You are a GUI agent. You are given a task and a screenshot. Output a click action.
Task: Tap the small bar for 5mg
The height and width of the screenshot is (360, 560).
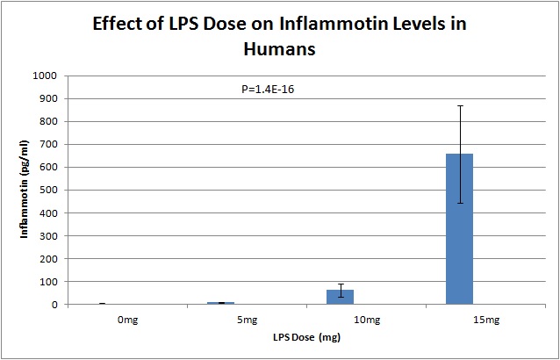pos(222,303)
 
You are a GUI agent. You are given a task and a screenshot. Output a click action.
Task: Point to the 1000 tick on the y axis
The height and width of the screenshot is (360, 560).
pos(47,76)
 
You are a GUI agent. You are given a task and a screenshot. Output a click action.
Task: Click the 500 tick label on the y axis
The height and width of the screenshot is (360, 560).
pos(49,191)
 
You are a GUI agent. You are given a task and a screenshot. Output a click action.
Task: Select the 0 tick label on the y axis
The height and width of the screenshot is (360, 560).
pos(54,305)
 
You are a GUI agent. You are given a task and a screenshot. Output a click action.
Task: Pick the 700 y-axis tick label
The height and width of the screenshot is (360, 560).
pos(49,144)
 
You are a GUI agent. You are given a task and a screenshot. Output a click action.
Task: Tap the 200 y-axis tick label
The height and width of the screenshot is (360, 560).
pos(49,259)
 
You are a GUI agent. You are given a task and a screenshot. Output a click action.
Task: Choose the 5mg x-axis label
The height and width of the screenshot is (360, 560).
pos(222,320)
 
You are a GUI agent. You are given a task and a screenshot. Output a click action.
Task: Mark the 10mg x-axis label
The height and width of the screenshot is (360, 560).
pos(341,320)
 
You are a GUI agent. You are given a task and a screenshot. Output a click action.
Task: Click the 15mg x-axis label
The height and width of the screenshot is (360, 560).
pos(459,320)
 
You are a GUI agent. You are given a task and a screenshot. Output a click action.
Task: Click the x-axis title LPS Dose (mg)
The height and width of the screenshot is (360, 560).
pos(280,337)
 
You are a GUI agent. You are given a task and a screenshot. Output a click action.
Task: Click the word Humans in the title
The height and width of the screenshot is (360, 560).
pos(280,49)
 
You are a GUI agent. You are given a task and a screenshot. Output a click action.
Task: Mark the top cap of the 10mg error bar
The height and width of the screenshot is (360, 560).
pos(341,284)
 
